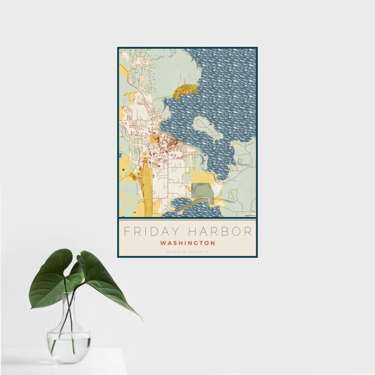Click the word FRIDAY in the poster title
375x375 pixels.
click(150, 231)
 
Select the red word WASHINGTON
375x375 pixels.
click(187, 243)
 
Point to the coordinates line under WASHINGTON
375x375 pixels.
click(187, 251)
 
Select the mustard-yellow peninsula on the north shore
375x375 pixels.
click(184, 92)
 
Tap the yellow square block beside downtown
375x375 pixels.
click(154, 140)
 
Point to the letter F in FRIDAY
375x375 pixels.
click(126, 231)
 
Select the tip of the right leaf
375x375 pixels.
click(140, 318)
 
